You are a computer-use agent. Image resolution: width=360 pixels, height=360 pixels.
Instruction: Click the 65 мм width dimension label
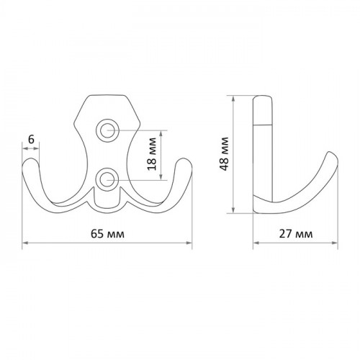tap(107, 233)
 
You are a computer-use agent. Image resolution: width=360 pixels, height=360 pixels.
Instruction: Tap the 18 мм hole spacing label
tap(152, 154)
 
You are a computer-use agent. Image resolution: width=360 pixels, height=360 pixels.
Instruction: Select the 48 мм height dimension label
tap(225, 153)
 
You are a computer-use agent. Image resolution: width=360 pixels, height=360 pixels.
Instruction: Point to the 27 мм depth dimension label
tap(296, 233)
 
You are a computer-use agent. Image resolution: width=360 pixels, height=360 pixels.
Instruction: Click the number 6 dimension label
tap(31, 139)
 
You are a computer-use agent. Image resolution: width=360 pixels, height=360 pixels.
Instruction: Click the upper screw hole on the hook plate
tap(107, 130)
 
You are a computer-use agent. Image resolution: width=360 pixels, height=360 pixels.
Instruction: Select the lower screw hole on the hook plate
tap(107, 179)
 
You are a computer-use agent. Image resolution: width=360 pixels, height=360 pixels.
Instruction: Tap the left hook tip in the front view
tap(30, 161)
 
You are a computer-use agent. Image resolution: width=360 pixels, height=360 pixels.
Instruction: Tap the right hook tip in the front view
tap(184, 161)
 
